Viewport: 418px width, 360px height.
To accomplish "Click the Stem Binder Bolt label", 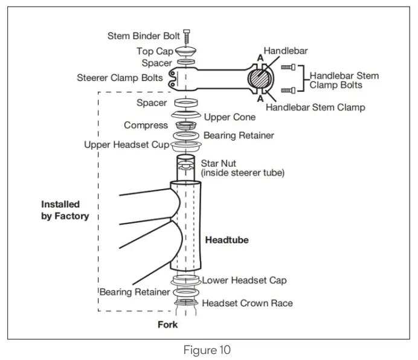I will tap(144, 36).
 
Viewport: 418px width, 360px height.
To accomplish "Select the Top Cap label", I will tap(155, 51).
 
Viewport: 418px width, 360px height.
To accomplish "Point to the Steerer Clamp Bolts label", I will tap(120, 78).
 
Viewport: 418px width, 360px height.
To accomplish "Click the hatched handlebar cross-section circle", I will tap(260, 78).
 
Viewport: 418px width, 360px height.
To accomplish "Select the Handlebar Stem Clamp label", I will tap(315, 108).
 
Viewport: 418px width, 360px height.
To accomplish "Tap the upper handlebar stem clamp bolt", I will tap(288, 68).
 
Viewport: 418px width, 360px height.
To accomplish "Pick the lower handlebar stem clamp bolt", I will tap(288, 90).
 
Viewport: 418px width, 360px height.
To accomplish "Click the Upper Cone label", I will tap(230, 117).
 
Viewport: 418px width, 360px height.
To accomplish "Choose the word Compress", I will tap(146, 126).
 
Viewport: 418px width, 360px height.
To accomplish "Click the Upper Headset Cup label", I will tap(127, 146).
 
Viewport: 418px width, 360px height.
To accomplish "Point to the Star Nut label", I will tap(218, 163).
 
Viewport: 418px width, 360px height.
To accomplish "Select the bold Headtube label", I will tap(227, 240).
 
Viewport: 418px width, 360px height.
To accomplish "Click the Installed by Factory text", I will tap(65, 210).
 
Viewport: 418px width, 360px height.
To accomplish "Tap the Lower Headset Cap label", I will tap(244, 280).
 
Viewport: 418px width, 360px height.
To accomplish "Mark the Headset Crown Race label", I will tap(247, 303).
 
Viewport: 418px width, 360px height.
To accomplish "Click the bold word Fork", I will tap(167, 325).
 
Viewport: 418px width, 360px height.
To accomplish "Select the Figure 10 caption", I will tap(208, 350).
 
